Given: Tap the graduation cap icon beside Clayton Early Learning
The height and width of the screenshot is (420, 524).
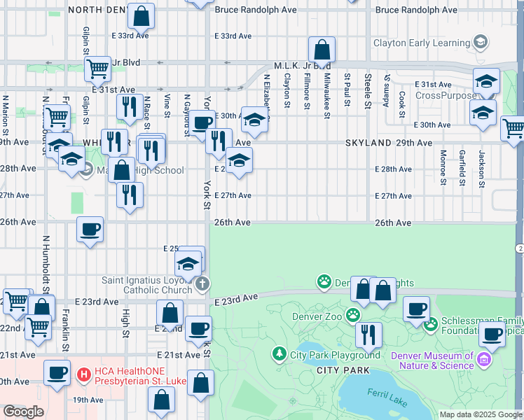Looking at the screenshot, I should pos(480,42).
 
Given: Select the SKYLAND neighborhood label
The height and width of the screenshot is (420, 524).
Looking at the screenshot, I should pos(368,142).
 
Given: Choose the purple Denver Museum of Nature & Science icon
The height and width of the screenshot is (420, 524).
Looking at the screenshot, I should pos(483,360).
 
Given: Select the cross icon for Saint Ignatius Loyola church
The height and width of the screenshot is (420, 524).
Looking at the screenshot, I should pos(202,283).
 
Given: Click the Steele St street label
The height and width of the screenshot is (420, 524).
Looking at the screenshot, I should pos(368,90).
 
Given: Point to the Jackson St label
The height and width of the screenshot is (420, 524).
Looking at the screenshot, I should pos(481,169).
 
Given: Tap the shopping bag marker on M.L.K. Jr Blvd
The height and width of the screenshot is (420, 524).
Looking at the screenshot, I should pos(322,50).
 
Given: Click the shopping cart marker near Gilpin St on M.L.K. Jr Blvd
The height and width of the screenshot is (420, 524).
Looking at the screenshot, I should pos(97,69).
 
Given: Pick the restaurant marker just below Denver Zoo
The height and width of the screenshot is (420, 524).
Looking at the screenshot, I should pos(368,336).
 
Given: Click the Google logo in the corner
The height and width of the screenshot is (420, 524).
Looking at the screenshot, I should pos(23,411).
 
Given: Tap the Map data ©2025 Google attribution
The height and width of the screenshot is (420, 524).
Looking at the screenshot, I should pos(481,414).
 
